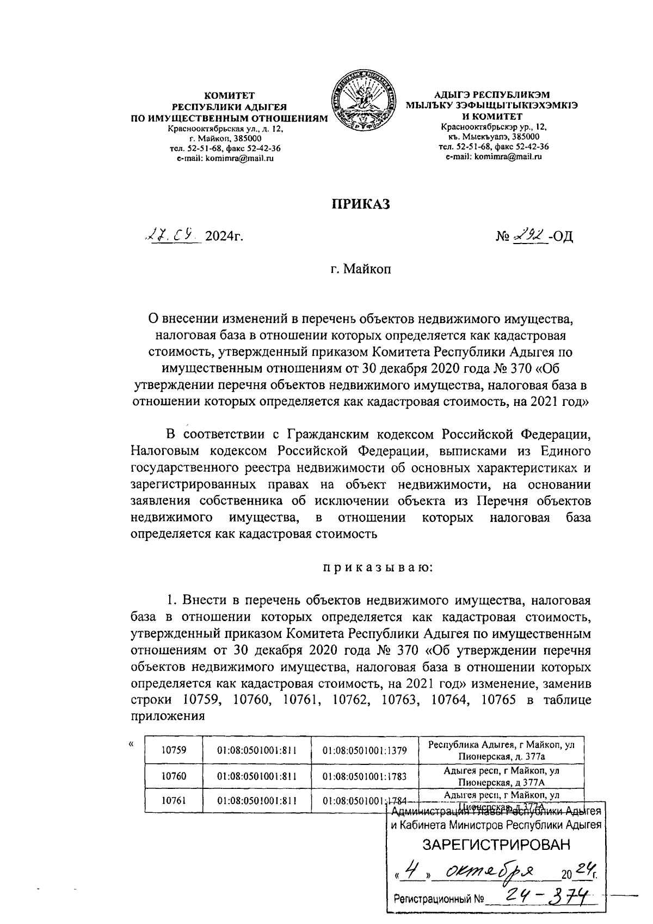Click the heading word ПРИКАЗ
coord(361,204)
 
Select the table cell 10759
coord(174,750)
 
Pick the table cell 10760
coord(174,776)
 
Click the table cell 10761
coord(174,801)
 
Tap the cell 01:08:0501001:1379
coord(365,750)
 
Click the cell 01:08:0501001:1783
coord(365,776)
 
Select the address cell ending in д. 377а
coord(501,750)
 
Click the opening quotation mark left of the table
coord(131,744)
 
